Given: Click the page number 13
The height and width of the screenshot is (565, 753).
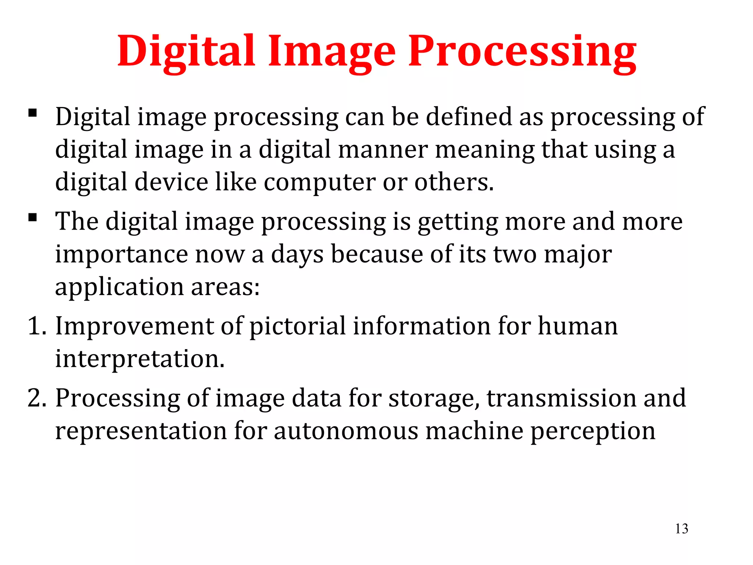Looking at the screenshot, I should (x=681, y=529).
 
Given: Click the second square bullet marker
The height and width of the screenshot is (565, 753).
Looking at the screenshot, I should (x=33, y=217).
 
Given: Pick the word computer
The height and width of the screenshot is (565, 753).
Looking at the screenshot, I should (x=320, y=182).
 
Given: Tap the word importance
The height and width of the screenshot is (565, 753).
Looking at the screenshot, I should (x=121, y=255).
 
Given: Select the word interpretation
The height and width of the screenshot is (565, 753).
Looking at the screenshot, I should (x=140, y=359).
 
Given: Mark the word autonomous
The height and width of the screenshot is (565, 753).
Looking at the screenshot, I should (x=346, y=431).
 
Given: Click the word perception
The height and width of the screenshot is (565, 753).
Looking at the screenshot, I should (x=593, y=431).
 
